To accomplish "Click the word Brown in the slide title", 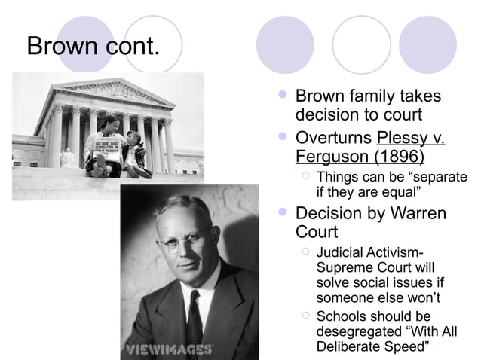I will pos(63,47).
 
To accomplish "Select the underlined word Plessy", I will pos(401,139).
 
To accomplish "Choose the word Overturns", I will pos(333,139).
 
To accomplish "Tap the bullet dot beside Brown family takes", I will pos(283,96).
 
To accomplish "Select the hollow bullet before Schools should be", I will pos(305,315).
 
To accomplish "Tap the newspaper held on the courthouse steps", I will pos(103,143).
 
